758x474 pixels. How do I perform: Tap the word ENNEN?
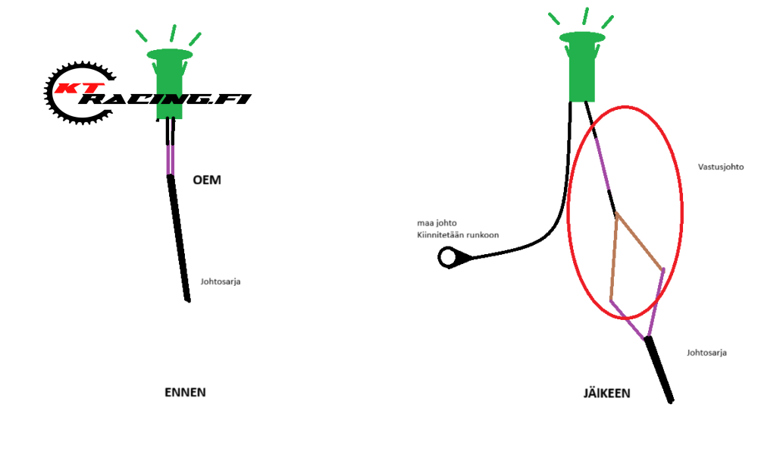click(185, 392)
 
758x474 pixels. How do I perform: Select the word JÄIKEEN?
click(606, 394)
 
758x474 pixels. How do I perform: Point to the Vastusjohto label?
click(721, 167)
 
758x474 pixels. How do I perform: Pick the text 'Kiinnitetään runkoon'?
click(457, 236)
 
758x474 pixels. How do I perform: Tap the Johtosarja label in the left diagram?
click(221, 282)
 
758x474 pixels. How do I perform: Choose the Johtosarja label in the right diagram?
click(707, 353)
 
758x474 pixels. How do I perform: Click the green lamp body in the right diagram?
click(582, 72)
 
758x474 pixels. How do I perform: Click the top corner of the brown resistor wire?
click(617, 215)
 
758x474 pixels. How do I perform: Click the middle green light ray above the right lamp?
click(585, 16)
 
